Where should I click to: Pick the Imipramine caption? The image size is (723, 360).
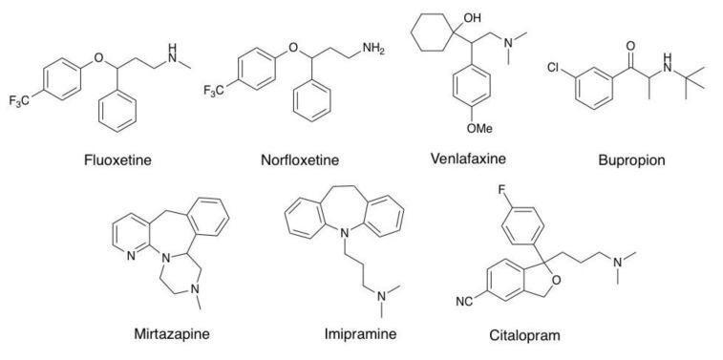pyautogui.click(x=359, y=334)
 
